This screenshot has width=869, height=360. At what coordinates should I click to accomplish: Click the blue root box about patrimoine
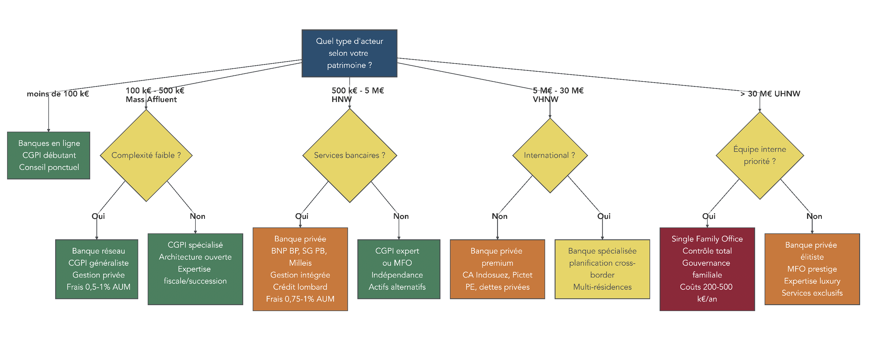pos(349,53)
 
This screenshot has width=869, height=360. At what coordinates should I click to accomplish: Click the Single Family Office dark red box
pos(707,269)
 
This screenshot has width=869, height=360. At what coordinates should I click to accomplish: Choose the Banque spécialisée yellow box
pos(602,269)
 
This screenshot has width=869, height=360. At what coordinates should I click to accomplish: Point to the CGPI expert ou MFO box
pos(398,269)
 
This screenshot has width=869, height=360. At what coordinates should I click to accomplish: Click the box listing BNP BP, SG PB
pos(300,269)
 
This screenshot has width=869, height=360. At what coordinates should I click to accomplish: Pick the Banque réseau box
pos(96,269)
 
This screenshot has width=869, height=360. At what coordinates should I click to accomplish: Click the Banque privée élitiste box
pos(812,269)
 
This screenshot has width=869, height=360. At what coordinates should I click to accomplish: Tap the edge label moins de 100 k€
pos(58,94)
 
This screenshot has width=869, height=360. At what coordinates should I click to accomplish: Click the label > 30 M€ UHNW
pos(770,94)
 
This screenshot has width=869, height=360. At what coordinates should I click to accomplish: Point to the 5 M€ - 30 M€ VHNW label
pos(558,95)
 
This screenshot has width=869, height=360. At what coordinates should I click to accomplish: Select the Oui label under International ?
pos(604,216)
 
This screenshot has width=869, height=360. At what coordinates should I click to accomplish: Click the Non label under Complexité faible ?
pos(197,216)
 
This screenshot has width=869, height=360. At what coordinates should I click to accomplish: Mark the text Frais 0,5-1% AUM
pos(98,287)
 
